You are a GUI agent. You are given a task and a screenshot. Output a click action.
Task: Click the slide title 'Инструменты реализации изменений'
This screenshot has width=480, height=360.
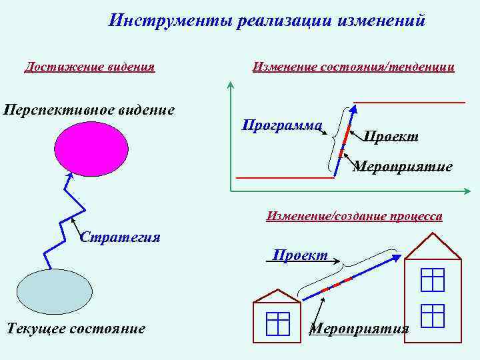pos(267,21)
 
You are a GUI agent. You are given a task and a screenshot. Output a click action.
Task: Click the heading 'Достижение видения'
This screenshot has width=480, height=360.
pos(89,67)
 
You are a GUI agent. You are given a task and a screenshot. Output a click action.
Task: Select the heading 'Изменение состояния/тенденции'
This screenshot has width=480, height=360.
pos(353,67)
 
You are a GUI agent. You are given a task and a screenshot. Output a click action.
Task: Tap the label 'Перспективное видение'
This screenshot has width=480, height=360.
pos(89,109)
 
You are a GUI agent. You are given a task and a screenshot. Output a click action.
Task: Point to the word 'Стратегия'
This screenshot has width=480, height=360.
pos(120,237)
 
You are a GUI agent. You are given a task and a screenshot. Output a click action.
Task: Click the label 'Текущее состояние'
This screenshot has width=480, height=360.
pos(75,328)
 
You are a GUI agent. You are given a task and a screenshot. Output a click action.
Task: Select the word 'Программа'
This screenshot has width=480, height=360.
pos(282,125)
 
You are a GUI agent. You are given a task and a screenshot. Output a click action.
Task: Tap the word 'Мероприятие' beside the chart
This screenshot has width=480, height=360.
pos(402,166)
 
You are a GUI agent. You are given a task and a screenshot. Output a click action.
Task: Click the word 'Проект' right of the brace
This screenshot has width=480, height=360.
pos(391,137)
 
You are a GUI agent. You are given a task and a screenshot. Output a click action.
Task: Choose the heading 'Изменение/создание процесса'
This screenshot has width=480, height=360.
pos(354,216)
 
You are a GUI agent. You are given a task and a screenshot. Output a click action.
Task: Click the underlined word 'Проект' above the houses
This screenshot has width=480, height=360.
pos(300,255)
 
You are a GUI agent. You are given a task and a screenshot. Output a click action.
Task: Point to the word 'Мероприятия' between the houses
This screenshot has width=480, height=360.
pos(359,329)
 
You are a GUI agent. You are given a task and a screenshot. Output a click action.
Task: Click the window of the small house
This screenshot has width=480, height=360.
pos(277,324)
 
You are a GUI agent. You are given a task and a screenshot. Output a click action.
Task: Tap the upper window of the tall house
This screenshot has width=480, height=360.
pos(433,279)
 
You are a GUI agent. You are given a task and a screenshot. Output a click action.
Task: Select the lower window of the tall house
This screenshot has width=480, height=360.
pos(433,315)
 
